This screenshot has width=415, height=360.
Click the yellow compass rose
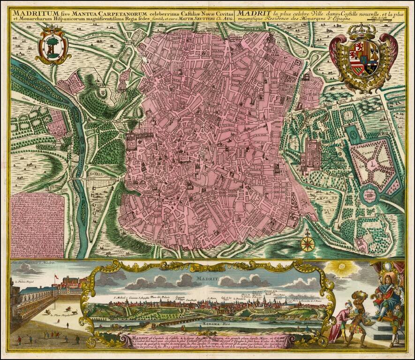click(x=307, y=243)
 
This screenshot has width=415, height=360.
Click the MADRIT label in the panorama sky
click(x=204, y=279)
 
